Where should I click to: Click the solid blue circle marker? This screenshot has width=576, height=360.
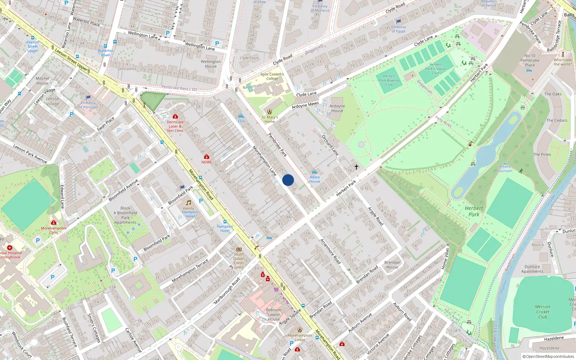pyautogui.click(x=288, y=180)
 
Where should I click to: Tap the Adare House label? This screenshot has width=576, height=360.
pyautogui.click(x=315, y=179)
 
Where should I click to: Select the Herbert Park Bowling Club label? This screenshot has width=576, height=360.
pyautogui.click(x=389, y=80)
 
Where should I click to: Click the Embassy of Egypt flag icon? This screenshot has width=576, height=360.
pyautogui.click(x=399, y=22)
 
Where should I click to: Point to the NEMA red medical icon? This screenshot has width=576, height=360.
pyautogui.click(x=207, y=157)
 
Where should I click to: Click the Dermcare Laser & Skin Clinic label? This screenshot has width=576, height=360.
pyautogui.click(x=175, y=126)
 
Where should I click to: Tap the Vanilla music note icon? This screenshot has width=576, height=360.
pyautogui.click(x=188, y=203)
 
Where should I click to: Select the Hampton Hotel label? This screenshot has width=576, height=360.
pyautogui.click(x=225, y=229)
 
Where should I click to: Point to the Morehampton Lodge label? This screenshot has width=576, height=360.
pyautogui.click(x=300, y=337)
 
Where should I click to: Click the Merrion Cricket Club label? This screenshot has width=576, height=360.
pyautogui.click(x=543, y=312)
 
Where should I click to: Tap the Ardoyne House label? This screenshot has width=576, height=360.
pyautogui.click(x=337, y=108)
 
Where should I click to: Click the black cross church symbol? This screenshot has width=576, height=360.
pyautogui.click(x=356, y=167)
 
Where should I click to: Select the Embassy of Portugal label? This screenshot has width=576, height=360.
pyautogui.click(x=88, y=105)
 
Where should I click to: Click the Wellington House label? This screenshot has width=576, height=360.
pyautogui.click(x=211, y=64)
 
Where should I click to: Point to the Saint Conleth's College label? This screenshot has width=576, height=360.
pyautogui.click(x=272, y=76)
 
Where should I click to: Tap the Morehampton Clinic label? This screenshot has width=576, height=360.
pyautogui.click(x=54, y=230)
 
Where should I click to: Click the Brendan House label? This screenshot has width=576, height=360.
pyautogui.click(x=392, y=265)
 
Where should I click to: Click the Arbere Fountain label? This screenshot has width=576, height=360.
pyautogui.click(x=505, y=168)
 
